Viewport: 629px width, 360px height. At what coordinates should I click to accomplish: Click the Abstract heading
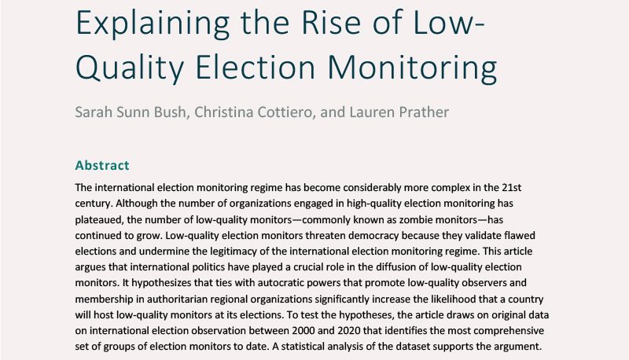pos(101,166)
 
